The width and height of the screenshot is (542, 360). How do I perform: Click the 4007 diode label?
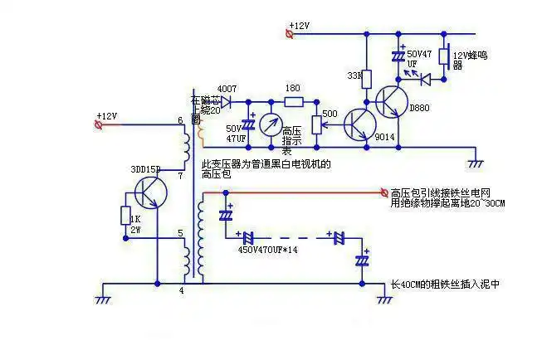coord(226,88)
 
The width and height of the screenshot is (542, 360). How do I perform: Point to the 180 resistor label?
coord(292,89)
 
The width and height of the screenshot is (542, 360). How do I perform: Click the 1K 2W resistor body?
coord(125,216)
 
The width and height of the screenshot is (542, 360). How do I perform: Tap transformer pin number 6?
coord(179,121)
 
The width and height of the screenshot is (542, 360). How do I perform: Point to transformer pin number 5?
coord(179,233)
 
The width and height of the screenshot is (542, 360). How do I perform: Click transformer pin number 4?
coord(181,290)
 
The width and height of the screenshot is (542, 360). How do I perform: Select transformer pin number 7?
coord(179,177)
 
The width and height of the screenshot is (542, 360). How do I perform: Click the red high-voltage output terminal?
coord(383,192)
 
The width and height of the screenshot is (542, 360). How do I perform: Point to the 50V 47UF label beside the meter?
coord(235,133)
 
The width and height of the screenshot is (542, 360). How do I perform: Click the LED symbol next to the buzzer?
coord(423,80)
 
